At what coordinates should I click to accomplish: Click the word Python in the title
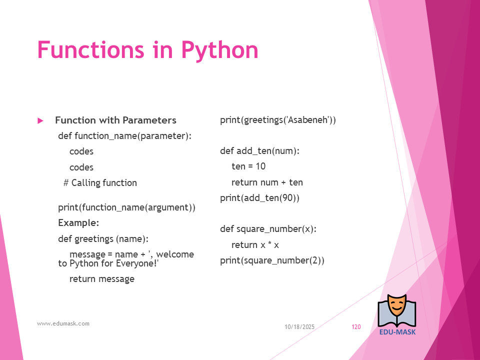click(220, 50)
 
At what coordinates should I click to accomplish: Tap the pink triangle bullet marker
click(40, 120)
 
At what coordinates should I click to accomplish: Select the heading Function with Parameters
click(115, 120)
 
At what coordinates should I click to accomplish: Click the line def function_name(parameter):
click(124, 136)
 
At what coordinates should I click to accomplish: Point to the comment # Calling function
click(100, 183)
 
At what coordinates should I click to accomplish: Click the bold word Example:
click(78, 223)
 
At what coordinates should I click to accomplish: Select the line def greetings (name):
click(103, 239)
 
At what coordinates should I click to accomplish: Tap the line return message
click(102, 279)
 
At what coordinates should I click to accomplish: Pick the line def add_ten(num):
click(259, 151)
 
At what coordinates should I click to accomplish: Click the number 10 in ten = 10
click(260, 166)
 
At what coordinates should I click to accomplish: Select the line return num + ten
click(267, 182)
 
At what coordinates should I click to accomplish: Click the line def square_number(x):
click(268, 229)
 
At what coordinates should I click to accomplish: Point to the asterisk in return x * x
click(269, 243)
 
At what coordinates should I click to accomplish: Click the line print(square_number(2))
click(272, 260)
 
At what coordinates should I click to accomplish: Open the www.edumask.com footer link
click(63, 323)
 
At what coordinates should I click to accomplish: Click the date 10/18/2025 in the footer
click(299, 327)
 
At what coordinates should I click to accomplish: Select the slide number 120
click(356, 327)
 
